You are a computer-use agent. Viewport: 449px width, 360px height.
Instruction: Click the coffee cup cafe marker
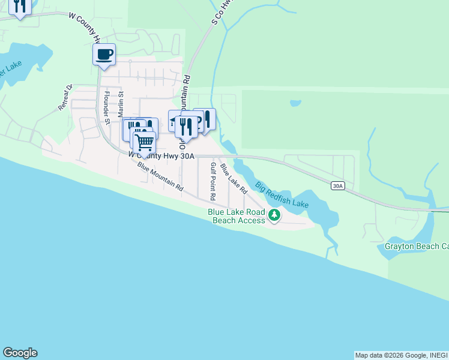[x=104, y=55]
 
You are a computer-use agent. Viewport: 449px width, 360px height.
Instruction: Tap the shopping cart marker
[x=144, y=143]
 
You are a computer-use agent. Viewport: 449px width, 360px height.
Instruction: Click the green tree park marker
[x=274, y=214]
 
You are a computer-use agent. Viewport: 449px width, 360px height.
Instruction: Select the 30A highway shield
[x=337, y=186]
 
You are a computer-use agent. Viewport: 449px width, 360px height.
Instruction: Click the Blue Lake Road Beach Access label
[x=237, y=216]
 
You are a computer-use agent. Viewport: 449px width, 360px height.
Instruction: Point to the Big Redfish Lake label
[x=282, y=195]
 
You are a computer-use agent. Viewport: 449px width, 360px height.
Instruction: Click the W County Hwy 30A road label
[x=161, y=155]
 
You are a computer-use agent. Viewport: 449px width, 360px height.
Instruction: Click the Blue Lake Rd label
[x=234, y=179]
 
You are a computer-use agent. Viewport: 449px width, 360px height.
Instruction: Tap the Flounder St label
[x=107, y=108]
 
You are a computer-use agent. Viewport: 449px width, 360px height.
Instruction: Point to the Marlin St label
[x=121, y=104]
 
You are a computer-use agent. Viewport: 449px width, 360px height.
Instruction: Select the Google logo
[x=20, y=353]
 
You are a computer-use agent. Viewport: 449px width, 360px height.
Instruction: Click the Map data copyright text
[x=401, y=355]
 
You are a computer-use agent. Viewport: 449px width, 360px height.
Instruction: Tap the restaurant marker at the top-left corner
[x=20, y=7]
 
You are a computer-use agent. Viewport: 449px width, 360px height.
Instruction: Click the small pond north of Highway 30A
[x=295, y=103]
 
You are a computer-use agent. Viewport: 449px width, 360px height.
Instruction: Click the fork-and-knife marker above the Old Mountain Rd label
[x=185, y=127]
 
